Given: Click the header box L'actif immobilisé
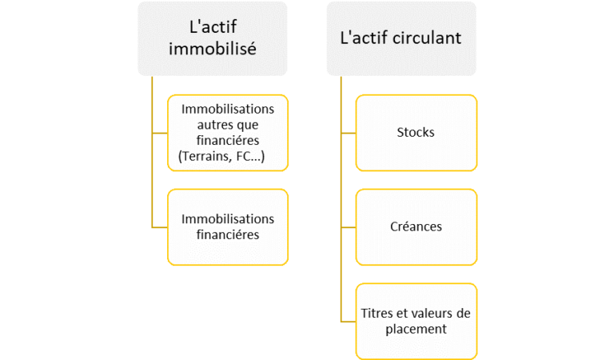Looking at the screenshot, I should coord(212,38).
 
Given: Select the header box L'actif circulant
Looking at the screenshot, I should coord(401,38).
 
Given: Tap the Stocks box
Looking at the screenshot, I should coord(416,132).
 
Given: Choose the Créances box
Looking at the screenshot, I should coord(416,226).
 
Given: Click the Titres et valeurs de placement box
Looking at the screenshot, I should coord(416,321).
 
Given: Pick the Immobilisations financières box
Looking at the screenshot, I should coord(228,226).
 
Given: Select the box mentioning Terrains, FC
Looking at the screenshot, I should coord(228,132).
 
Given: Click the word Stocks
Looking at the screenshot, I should coord(416,132).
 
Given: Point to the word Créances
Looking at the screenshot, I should coord(416,226).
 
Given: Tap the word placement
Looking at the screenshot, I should coord(416,329).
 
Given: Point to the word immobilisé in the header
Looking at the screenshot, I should coord(212,49).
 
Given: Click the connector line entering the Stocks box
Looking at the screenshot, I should coord(348,132).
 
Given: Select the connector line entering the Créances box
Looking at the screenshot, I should coord(348,226).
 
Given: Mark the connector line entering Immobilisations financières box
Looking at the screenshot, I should coord(159,226).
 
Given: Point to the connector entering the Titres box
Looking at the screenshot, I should coord(348,321).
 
